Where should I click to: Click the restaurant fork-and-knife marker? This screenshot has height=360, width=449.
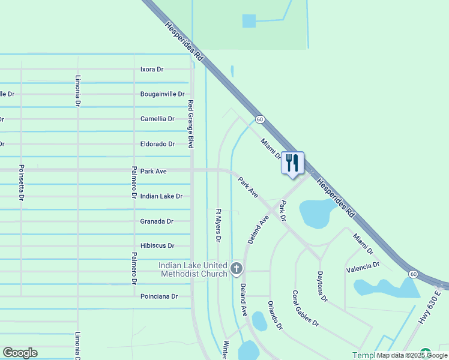click(292, 163)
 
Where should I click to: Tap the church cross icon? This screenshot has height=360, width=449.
click(237, 268)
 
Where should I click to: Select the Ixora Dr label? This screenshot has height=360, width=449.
click(152, 70)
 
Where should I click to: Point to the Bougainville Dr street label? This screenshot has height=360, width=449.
click(163, 94)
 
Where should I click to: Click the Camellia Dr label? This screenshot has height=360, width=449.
click(157, 119)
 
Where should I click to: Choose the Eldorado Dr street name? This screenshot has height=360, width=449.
click(157, 144)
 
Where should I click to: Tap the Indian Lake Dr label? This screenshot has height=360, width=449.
click(161, 196)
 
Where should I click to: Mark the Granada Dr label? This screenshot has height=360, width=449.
click(157, 221)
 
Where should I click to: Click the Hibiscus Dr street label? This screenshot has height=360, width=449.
click(157, 246)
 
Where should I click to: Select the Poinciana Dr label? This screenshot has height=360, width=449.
click(159, 296)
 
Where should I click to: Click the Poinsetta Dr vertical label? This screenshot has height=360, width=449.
click(22, 182)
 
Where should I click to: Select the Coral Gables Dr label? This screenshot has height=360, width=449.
click(306, 308)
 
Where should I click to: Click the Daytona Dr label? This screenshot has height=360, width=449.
click(322, 286)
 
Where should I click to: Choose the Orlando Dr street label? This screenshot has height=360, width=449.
click(275, 315)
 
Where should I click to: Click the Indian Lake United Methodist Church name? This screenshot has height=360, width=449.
click(193, 269)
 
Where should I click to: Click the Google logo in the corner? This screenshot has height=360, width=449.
click(20, 353)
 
